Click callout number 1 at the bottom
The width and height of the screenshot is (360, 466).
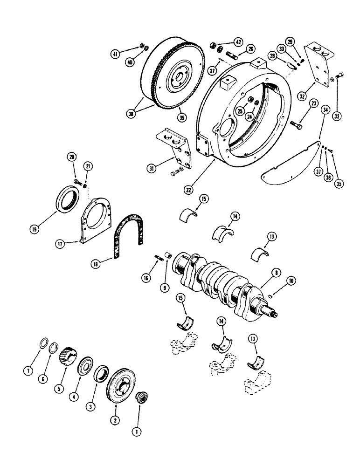[x=137, y=432]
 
